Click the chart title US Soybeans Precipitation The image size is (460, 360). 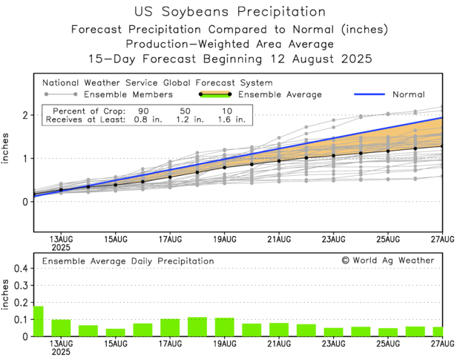pyautogui.click(x=230, y=12)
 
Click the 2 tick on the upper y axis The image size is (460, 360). pyautogui.click(x=24, y=115)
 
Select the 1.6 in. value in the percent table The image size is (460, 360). pyautogui.click(x=228, y=120)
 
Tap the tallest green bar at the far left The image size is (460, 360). pyautogui.click(x=39, y=321)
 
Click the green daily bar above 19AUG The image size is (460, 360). pyautogui.click(x=225, y=327)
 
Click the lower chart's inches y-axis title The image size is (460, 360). pyautogui.click(x=7, y=295)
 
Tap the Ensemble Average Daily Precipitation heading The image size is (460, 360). pyautogui.click(x=128, y=261)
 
